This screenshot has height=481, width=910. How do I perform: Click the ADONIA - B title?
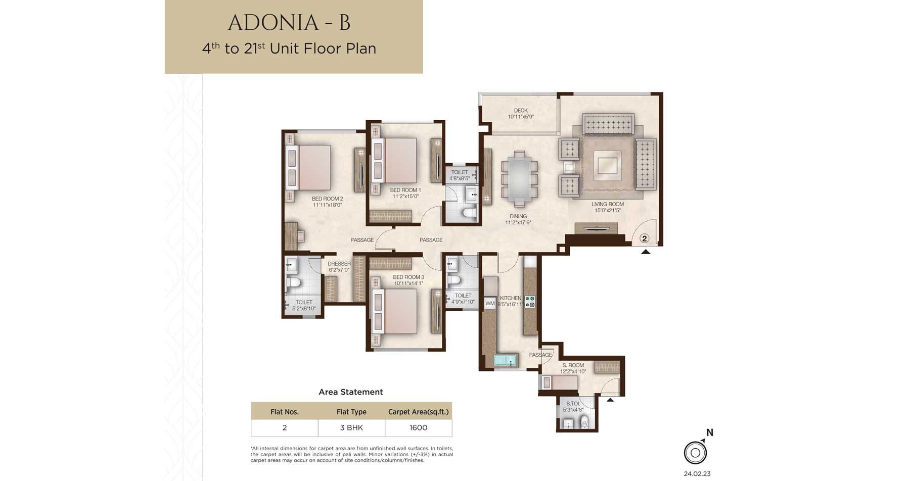(289, 23)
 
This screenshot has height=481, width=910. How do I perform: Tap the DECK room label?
(521, 111)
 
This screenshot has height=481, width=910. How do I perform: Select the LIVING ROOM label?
(608, 205)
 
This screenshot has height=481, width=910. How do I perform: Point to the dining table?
(519, 179)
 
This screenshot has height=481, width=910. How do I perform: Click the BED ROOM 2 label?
(328, 199)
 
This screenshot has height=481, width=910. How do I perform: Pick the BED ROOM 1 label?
(405, 190)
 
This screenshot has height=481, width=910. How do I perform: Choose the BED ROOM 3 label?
(408, 277)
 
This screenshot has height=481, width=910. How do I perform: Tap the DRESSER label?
(339, 264)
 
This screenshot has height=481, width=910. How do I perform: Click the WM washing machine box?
(490, 304)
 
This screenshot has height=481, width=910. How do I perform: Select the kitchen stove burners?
(530, 302)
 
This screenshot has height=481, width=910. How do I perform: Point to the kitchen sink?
(506, 360)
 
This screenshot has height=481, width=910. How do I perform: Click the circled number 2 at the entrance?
(644, 238)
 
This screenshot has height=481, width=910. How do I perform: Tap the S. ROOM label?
(573, 365)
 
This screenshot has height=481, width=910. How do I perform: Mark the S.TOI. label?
(573, 404)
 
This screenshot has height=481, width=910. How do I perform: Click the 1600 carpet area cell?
(418, 428)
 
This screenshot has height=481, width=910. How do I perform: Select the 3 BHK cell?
(351, 428)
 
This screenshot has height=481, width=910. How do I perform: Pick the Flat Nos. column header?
(285, 412)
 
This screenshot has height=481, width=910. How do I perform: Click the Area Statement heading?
(351, 392)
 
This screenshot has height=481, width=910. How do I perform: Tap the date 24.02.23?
(697, 474)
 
